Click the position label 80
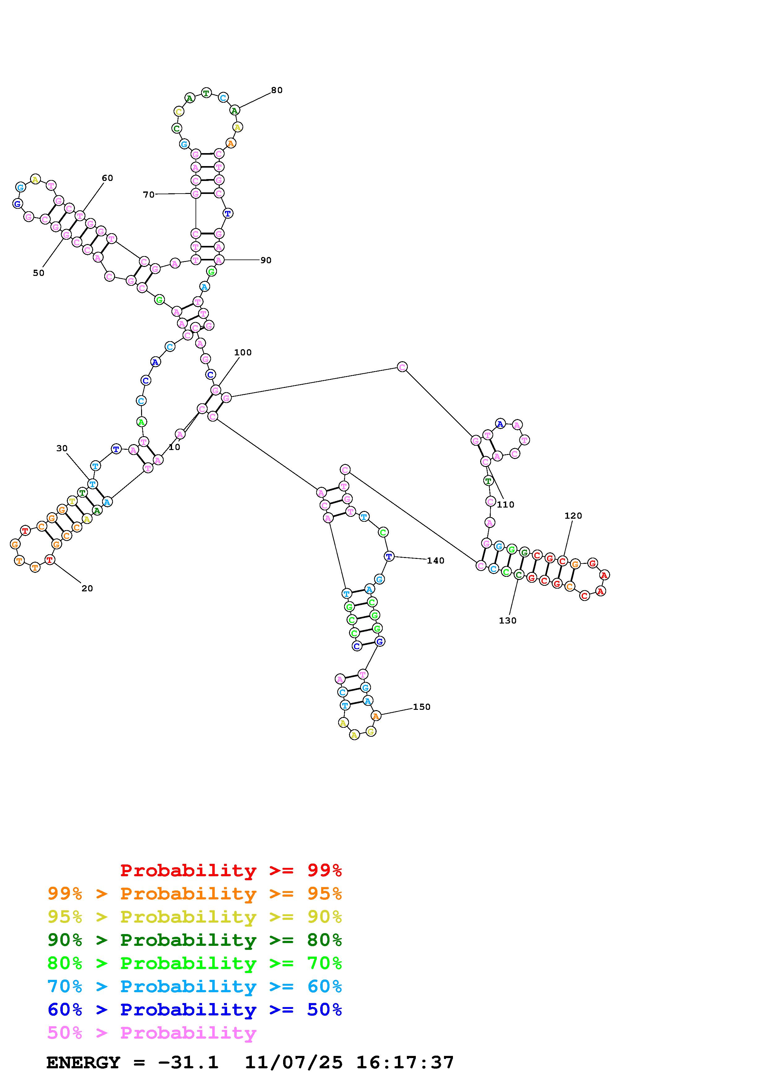pyautogui.click(x=277, y=90)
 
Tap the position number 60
pyautogui.click(x=107, y=178)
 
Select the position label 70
pyautogui.click(x=149, y=195)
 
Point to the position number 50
pyautogui.click(x=39, y=273)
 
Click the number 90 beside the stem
pyautogui.click(x=266, y=260)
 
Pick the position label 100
pyautogui.click(x=243, y=353)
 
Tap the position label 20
pyautogui.click(x=88, y=588)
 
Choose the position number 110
pyautogui.click(x=506, y=505)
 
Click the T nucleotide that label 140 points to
pyautogui.click(x=389, y=557)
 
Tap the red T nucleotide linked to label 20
pyautogui.click(x=50, y=560)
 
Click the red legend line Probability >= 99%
pyautogui.click(x=231, y=870)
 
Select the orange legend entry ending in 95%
pyautogui.click(x=195, y=894)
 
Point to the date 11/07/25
pyautogui.click(x=294, y=1062)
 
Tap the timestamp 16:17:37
pyautogui.click(x=405, y=1062)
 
